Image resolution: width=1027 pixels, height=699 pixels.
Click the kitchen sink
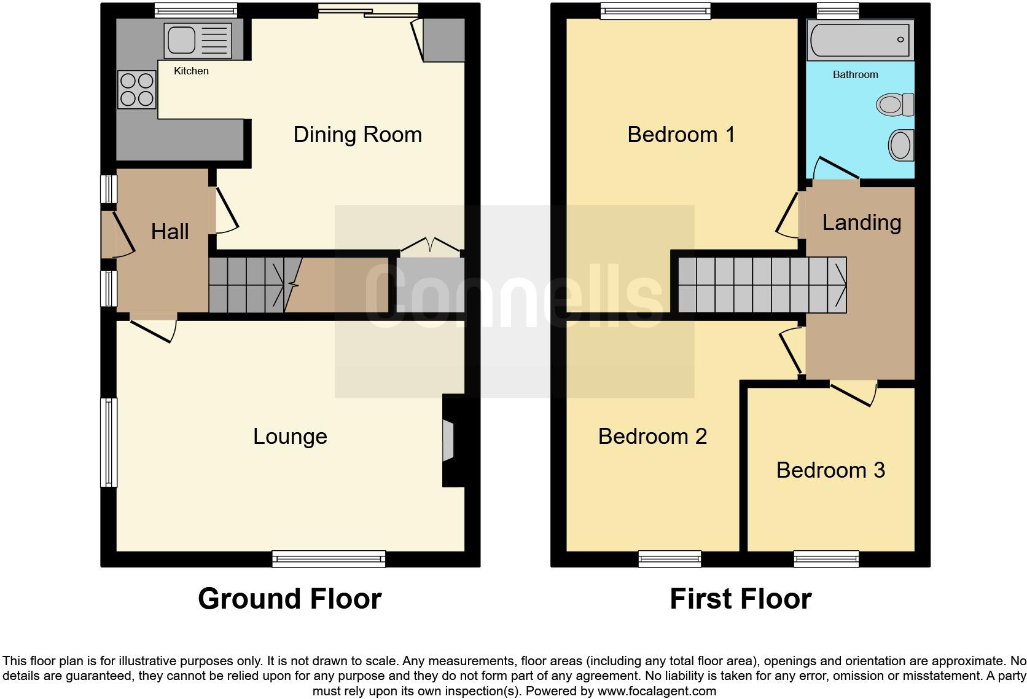189,41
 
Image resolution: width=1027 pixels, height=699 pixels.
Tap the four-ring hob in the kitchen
137,90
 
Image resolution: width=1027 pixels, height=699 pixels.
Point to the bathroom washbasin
901,146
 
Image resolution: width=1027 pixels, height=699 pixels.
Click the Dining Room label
357,135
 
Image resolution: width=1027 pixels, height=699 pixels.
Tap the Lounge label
290,436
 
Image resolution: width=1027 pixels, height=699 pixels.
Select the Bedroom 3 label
830,470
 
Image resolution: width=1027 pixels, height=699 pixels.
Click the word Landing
861,223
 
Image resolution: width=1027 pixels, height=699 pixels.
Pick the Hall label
170,232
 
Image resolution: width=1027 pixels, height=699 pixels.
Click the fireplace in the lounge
448,440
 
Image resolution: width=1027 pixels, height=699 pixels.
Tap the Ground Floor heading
289,599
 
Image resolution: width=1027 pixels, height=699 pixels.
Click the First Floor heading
740,599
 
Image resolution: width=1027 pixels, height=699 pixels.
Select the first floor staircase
762,285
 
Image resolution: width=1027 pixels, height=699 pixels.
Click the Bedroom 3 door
854,393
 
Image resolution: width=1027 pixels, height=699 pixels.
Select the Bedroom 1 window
655,9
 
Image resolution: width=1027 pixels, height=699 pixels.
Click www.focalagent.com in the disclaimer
657,691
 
